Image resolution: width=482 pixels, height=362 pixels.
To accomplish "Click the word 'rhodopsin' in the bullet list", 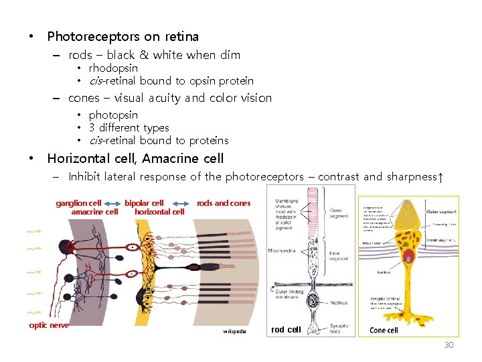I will point(113,68).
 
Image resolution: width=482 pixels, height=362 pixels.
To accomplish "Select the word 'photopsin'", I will point(113,115).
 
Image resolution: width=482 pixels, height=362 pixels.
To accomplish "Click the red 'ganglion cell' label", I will point(78,203).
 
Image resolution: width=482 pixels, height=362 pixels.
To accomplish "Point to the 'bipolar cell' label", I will point(144,203).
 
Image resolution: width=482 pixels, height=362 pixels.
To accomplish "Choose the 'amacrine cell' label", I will point(94,212).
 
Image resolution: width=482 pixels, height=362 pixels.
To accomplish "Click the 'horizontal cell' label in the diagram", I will point(159,212).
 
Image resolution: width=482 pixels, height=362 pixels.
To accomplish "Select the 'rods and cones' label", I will point(224,203).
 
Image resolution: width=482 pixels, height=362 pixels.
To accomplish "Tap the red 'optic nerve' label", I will point(48,325).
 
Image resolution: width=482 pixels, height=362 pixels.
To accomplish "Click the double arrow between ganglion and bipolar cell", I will point(112,203).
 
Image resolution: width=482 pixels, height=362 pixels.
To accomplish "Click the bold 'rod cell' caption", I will point(286,329).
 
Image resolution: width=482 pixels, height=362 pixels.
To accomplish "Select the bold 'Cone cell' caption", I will point(384,330).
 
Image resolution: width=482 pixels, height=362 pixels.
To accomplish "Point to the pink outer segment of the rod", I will point(312,215).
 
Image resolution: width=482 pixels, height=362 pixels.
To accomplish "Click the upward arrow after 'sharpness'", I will point(439,177).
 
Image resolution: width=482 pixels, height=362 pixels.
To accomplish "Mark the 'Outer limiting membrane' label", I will point(289,294).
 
